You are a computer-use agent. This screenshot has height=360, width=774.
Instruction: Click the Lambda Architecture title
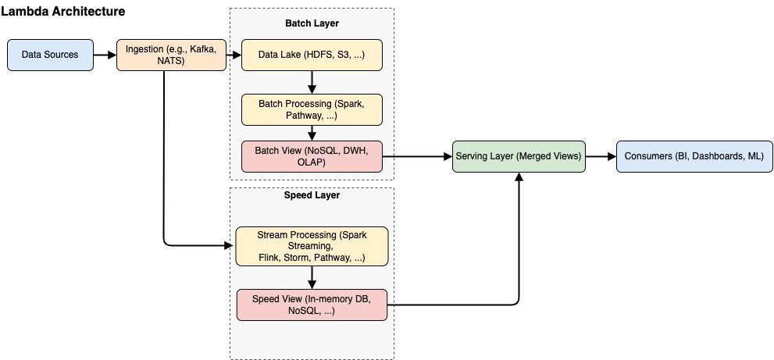pos(63,12)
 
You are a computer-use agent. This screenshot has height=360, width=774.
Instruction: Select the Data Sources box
pos(50,55)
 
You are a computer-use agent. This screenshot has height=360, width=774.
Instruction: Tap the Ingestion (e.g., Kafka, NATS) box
pos(171,55)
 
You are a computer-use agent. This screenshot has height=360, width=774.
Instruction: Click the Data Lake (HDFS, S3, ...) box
pos(312,55)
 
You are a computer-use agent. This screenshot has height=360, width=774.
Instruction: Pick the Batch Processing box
pos(312,109)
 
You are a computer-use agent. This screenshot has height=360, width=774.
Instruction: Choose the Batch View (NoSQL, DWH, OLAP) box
pos(312,157)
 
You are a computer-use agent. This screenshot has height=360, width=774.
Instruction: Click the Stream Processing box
pos(312,246)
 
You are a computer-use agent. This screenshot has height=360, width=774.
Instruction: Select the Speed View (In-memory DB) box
pos(312,305)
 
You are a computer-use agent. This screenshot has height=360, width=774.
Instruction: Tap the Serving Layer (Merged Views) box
pos(518,156)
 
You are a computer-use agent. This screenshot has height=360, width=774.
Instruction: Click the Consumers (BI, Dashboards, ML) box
pos(694,156)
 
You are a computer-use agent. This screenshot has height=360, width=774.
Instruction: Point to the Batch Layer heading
pos(312,23)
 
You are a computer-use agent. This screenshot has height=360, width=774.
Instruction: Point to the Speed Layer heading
pos(312,195)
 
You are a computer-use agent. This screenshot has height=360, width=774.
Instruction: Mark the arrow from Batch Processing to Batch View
pos(312,134)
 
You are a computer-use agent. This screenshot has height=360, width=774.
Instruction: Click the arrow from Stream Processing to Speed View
pos(312,276)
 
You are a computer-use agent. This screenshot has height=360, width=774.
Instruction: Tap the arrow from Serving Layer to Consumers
pos(600,156)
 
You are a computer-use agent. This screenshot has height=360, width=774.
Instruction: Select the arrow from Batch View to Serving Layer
pos(418,156)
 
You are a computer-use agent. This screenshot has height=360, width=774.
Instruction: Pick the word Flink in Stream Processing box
pos(271,257)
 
